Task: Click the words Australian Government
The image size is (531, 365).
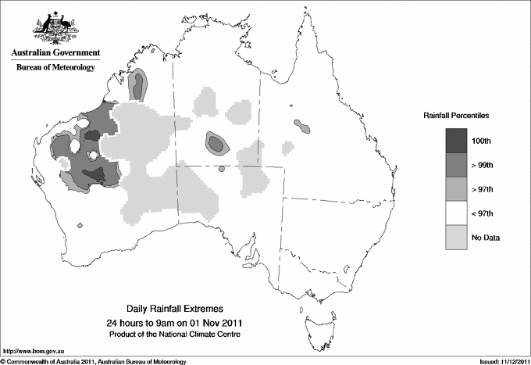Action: [54, 54]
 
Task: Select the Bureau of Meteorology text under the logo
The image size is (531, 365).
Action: [54, 68]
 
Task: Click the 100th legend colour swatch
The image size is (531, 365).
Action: [455, 140]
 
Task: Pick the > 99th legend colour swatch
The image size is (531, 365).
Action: [455, 164]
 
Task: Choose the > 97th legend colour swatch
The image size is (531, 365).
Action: [455, 188]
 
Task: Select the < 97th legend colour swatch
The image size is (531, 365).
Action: [455, 213]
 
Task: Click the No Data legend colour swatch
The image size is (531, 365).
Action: [455, 237]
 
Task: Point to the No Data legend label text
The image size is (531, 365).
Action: [484, 238]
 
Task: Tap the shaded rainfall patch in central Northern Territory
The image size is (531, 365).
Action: [216, 143]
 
